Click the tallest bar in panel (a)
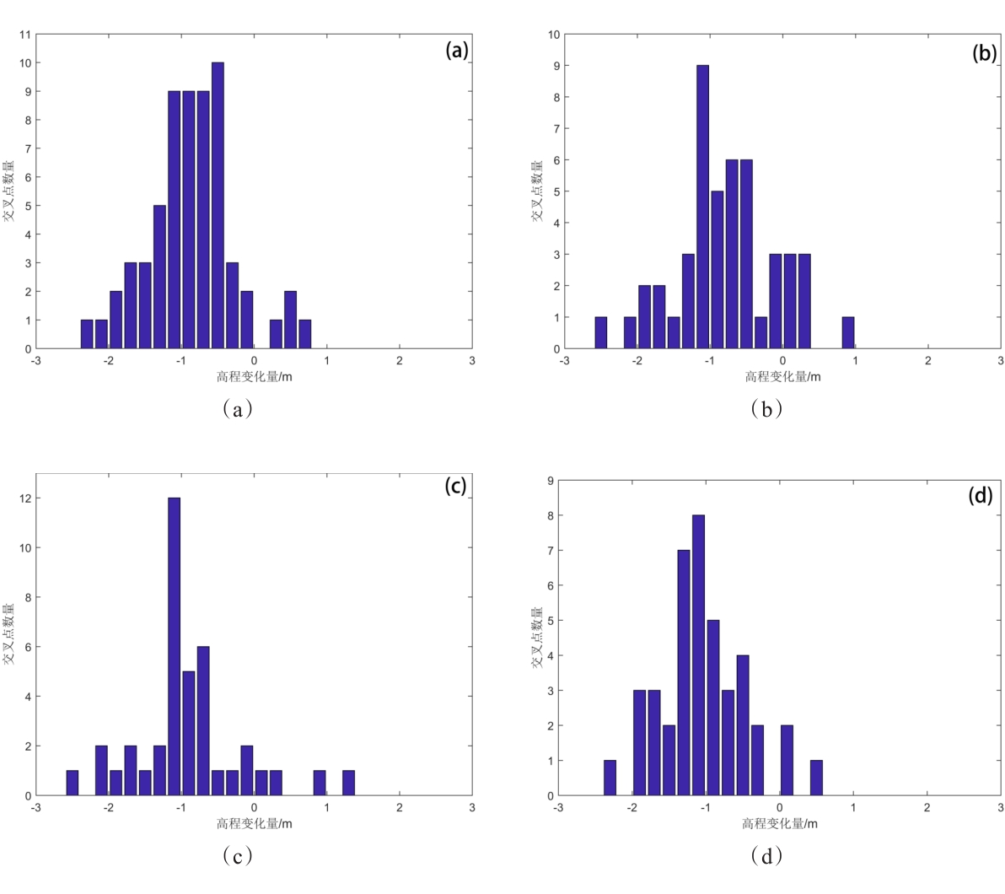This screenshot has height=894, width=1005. click(218, 206)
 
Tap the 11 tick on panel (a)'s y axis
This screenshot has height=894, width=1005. click(25, 35)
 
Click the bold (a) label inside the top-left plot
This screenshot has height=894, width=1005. click(456, 51)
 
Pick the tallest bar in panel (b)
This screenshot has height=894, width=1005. click(702, 207)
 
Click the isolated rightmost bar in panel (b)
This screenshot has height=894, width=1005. click(848, 333)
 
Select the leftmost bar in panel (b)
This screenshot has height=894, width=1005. click(600, 333)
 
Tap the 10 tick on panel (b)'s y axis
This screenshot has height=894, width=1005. click(554, 35)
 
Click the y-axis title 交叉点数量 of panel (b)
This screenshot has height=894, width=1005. click(537, 191)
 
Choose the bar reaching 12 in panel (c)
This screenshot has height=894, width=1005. click(174, 647)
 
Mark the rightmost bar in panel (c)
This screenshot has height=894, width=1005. click(348, 784)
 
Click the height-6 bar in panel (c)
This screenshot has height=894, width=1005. click(203, 721)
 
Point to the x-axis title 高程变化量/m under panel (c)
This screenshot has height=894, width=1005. click(254, 823)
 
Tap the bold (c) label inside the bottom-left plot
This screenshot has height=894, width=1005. click(455, 487)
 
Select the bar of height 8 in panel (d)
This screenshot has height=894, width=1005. click(698, 655)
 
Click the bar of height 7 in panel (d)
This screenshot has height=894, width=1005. click(683, 673)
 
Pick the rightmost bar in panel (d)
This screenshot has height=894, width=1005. click(816, 778)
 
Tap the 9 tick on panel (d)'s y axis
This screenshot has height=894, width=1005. click(550, 481)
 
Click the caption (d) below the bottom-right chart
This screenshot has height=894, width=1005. click(766, 857)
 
